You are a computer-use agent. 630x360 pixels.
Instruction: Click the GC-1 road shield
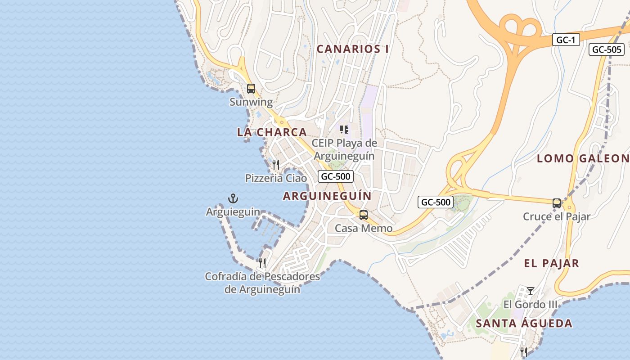566,40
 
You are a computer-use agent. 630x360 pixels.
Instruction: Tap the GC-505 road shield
606,49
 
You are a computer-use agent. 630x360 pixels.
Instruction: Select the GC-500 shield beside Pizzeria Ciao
335,176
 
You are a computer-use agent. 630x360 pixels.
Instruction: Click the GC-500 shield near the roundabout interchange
435,202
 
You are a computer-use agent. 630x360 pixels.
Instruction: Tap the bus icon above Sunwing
251,89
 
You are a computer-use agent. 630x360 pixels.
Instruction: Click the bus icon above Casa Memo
363,215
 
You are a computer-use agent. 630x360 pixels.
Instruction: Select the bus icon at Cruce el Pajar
557,203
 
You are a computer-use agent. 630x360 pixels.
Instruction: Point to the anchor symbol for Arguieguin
233,198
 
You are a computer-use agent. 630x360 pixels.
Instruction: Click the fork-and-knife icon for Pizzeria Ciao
276,165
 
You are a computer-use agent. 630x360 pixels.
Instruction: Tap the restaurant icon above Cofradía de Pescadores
262,263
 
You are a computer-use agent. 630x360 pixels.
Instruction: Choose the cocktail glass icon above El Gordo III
531,291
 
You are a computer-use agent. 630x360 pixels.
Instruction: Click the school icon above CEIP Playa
344,130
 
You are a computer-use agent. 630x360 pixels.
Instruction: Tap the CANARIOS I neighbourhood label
353,49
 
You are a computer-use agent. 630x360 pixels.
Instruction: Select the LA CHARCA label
272,132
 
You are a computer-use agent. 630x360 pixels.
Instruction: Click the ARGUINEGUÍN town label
327,196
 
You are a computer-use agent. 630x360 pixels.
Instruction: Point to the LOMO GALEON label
583,158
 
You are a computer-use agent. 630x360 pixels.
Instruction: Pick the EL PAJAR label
551,264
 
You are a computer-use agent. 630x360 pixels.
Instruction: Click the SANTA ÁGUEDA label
524,324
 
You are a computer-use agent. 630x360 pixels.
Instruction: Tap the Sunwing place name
251,102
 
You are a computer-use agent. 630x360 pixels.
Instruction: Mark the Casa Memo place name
363,229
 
